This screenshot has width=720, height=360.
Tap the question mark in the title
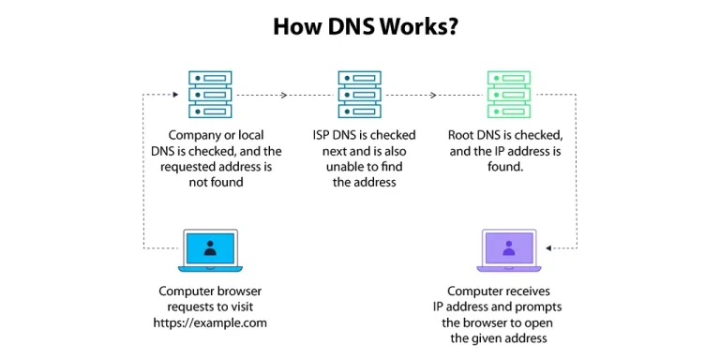pyautogui.click(x=452, y=26)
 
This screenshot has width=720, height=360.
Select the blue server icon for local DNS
pyautogui.click(x=211, y=94)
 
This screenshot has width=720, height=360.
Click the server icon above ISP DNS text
pyautogui.click(x=360, y=94)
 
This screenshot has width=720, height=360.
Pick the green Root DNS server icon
pyautogui.click(x=509, y=94)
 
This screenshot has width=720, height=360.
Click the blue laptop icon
pyautogui.click(x=211, y=250)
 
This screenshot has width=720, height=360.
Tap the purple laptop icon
pyautogui.click(x=509, y=250)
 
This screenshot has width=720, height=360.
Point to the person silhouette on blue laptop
pyautogui.click(x=211, y=247)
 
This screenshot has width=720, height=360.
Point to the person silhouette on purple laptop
pyautogui.click(x=509, y=247)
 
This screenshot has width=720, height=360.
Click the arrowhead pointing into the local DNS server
pyautogui.click(x=175, y=94)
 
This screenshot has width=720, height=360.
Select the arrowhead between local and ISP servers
pyautogui.click(x=285, y=94)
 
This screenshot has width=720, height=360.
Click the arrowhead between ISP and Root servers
pyautogui.click(x=433, y=94)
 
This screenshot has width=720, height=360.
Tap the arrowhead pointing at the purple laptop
pyautogui.click(x=548, y=248)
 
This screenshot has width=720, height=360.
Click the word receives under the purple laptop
pyautogui.click(x=528, y=292)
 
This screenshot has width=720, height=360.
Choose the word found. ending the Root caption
pyautogui.click(x=506, y=167)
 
